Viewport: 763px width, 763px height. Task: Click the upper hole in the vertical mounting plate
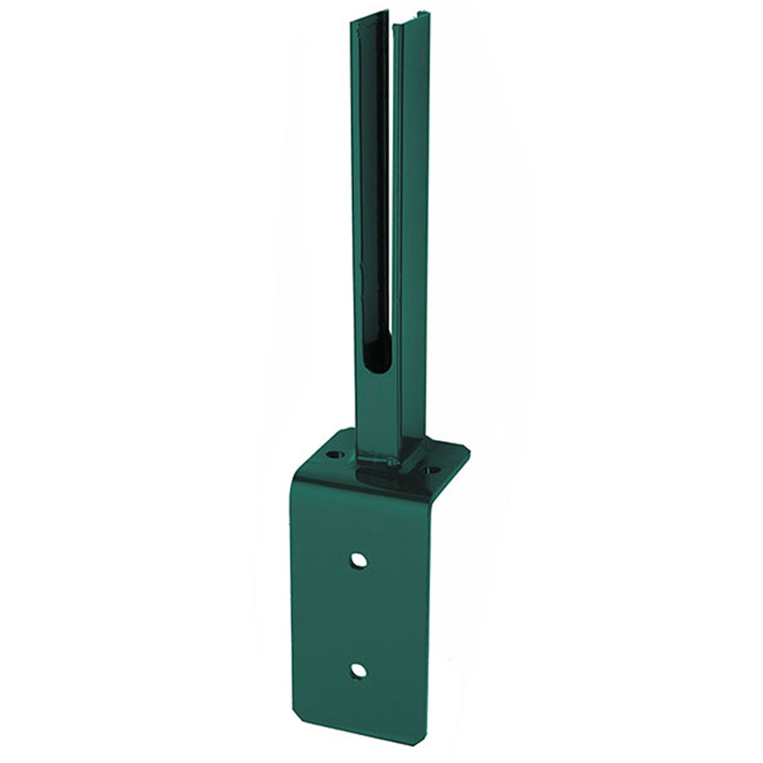point(359,560)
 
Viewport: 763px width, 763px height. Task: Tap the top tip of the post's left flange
point(352,21)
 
